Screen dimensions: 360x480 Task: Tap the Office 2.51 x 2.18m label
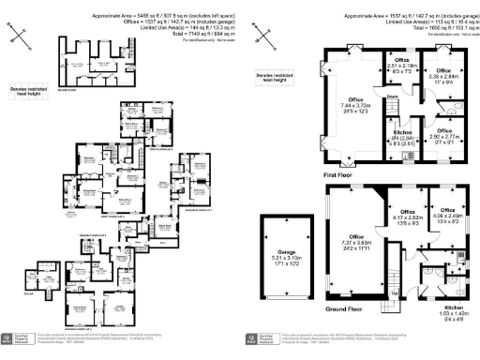coord(404,63)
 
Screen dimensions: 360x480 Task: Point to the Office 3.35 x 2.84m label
coord(443,76)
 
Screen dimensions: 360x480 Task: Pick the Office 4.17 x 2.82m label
coord(405,217)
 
